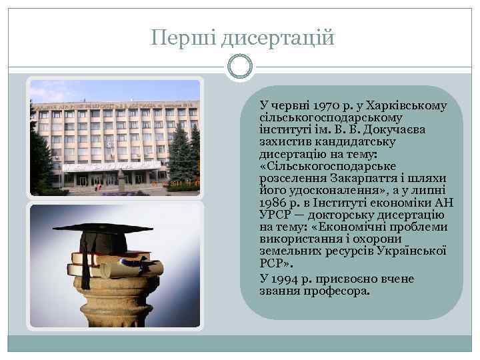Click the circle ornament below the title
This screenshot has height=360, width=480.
[x=239, y=67]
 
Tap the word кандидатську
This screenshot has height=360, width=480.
[x=364, y=142]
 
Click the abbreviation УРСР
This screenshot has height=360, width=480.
[x=274, y=214]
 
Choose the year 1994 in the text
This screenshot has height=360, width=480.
[x=285, y=278]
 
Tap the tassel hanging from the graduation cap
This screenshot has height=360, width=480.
[x=85, y=267]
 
